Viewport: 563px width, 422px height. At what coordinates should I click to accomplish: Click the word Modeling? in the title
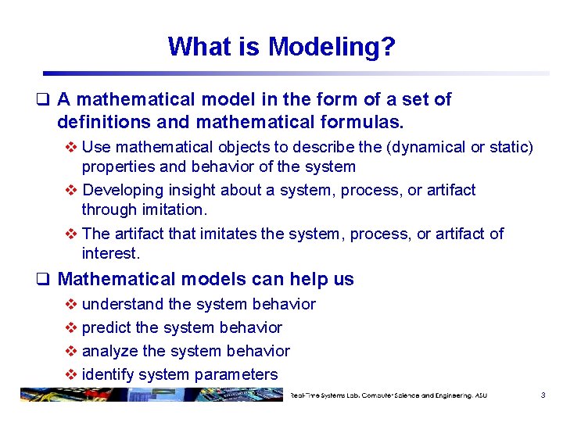pyautogui.click(x=332, y=47)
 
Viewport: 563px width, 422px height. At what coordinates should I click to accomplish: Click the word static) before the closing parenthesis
pyautogui.click(x=509, y=147)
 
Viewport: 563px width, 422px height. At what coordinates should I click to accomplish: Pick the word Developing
pyautogui.click(x=121, y=190)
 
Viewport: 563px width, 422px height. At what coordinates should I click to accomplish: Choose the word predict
pyautogui.click(x=108, y=327)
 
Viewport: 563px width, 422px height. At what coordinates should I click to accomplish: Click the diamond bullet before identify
pyautogui.click(x=71, y=374)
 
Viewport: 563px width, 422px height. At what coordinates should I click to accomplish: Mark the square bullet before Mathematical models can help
pyautogui.click(x=48, y=280)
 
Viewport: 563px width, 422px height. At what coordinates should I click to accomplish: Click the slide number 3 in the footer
pyautogui.click(x=543, y=395)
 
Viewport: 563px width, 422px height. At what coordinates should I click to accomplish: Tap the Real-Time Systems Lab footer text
pyautogui.click(x=388, y=395)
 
